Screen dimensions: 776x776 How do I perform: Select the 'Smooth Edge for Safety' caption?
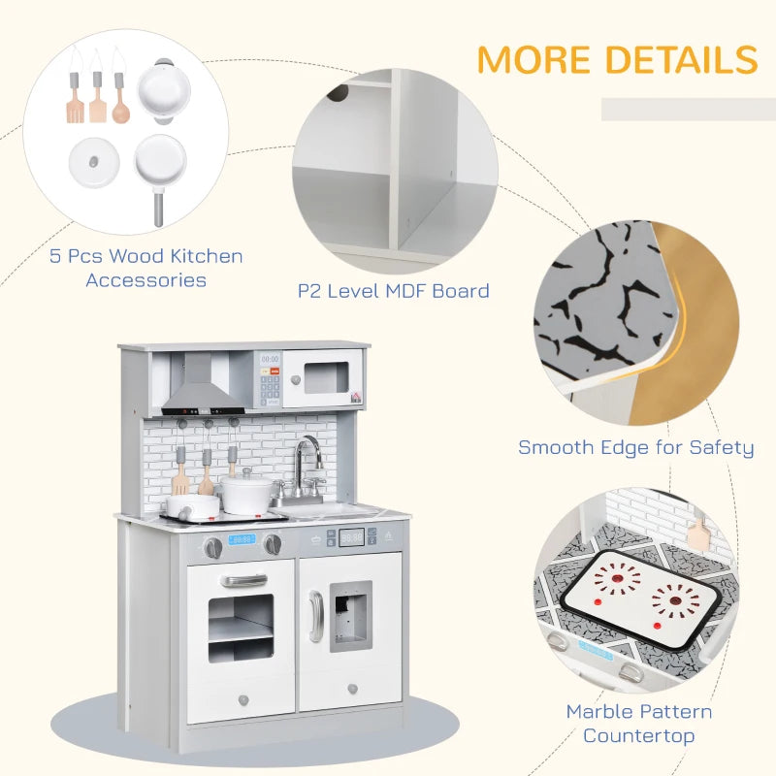pyautogui.click(x=635, y=447)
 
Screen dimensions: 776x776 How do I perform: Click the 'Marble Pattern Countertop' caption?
pyautogui.click(x=639, y=724)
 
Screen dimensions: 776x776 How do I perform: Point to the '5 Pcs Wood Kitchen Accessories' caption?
pyautogui.click(x=146, y=268)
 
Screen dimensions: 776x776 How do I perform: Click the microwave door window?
pyautogui.click(x=325, y=377)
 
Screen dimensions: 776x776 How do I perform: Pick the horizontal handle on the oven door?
pyautogui.click(x=243, y=580)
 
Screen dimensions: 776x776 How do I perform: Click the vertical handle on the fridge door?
pyautogui.click(x=315, y=616)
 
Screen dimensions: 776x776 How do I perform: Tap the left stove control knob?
pyautogui.click(x=213, y=547)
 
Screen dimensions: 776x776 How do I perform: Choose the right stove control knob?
pyautogui.click(x=273, y=545)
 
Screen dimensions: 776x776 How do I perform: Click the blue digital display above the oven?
pyautogui.click(x=241, y=539)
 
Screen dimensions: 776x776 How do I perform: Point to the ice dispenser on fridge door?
pyautogui.click(x=349, y=615)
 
